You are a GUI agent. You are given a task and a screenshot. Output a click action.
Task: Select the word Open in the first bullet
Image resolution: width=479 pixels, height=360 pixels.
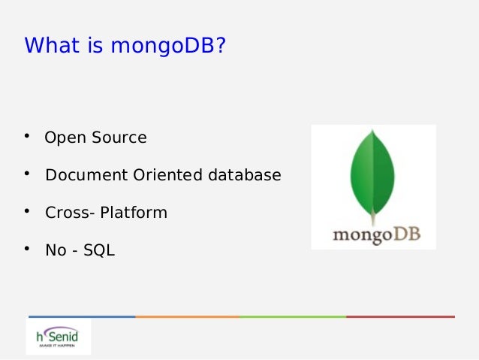(x=65, y=139)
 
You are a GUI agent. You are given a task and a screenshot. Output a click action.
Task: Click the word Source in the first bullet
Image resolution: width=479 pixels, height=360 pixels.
(x=119, y=138)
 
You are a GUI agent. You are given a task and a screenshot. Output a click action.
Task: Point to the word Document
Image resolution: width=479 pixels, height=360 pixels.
(x=87, y=176)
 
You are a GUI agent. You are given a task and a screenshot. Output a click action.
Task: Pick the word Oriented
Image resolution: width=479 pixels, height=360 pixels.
(x=168, y=176)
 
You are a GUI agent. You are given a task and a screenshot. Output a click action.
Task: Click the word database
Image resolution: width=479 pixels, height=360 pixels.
(x=245, y=176)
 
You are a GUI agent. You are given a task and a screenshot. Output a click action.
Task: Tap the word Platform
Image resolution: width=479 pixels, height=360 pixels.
(x=134, y=213)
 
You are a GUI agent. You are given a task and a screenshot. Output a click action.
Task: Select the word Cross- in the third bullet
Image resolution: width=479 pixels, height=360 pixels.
(x=70, y=213)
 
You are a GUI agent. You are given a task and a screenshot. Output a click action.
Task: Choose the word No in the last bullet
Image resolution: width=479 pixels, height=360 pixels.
(x=56, y=250)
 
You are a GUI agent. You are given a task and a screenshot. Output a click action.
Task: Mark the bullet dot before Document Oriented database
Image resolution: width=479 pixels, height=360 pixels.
(x=26, y=174)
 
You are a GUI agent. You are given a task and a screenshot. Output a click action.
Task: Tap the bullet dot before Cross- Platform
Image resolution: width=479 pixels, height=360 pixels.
(x=26, y=211)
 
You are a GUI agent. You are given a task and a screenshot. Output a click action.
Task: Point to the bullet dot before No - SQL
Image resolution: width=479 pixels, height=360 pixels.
(x=26, y=249)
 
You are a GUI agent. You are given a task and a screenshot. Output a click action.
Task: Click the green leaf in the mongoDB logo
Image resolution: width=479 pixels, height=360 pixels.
(x=373, y=173)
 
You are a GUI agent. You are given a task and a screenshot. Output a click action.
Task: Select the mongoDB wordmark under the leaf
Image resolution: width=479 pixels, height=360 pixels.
(x=375, y=234)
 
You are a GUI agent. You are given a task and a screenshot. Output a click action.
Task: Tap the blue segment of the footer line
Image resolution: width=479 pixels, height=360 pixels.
(x=82, y=316)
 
